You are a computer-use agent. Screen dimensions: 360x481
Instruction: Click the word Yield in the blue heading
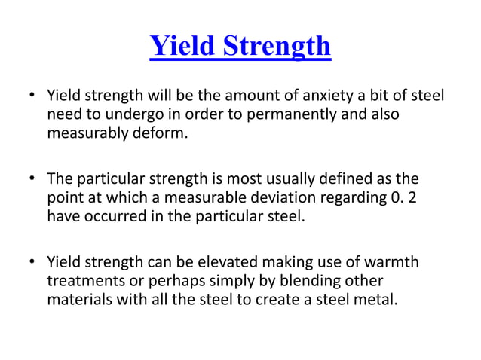[x=181, y=46]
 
